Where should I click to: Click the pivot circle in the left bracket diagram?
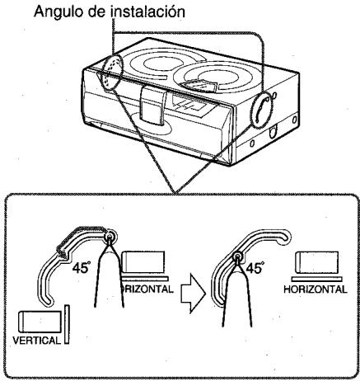click(x=110, y=238)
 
